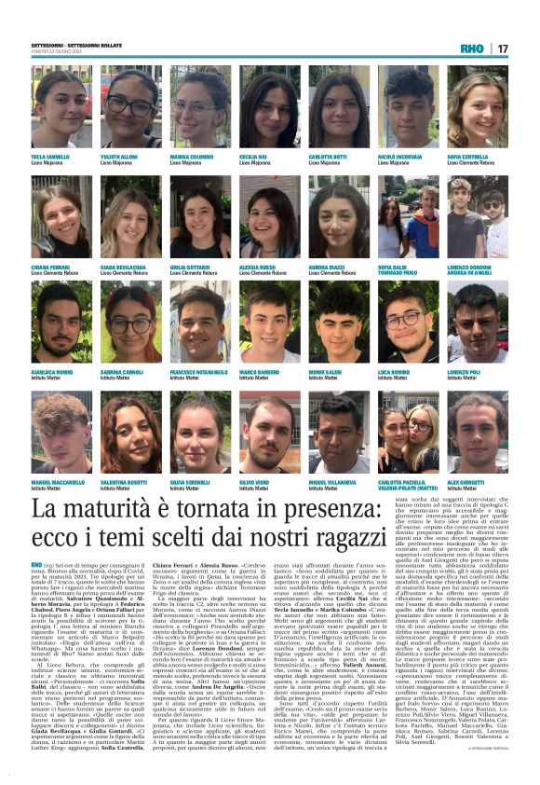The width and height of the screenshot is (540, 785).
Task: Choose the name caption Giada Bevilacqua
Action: click(x=126, y=268)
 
